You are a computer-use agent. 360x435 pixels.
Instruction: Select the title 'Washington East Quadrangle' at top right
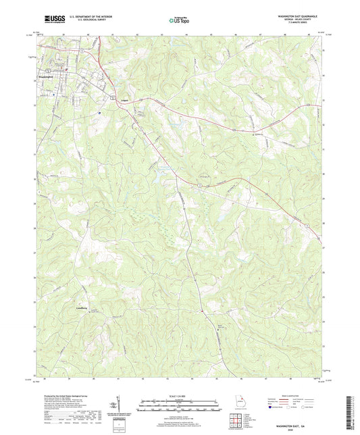[299, 15]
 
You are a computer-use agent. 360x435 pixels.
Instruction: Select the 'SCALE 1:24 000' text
[179, 396]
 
